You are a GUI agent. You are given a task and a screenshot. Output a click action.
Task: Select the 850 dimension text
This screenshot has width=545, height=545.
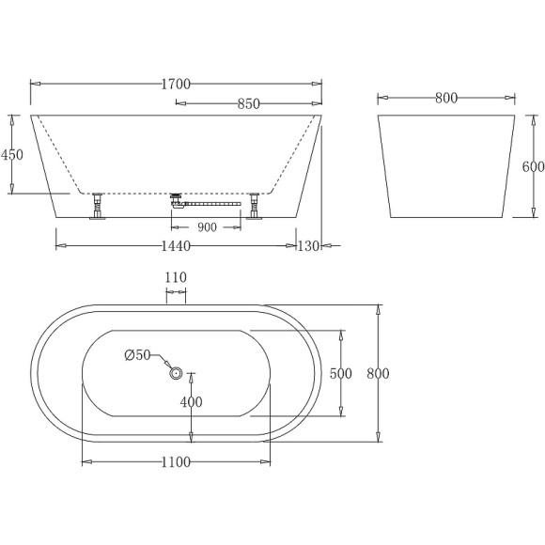[x=248, y=104]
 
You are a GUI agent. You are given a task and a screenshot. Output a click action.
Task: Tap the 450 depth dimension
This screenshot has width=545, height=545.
[x=12, y=155]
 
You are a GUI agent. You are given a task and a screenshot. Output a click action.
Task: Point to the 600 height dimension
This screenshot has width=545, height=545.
[x=533, y=166]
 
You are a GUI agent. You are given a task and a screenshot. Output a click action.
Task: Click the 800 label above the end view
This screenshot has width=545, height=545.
[x=446, y=97]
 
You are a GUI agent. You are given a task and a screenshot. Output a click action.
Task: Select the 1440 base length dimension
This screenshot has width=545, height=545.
[x=176, y=246]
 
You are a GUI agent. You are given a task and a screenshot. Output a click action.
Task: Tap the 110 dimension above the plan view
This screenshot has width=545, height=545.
[x=176, y=277]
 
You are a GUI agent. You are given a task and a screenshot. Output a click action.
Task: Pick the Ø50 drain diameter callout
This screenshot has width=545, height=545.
[x=137, y=355]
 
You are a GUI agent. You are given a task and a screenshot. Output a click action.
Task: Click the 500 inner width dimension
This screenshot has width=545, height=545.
[x=340, y=373]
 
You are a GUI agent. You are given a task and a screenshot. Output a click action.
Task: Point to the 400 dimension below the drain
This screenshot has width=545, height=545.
[x=192, y=402]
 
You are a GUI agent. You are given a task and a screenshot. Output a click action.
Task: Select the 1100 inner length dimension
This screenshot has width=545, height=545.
[x=176, y=461]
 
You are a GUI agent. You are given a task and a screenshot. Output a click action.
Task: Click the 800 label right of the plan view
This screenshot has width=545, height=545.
[x=378, y=373]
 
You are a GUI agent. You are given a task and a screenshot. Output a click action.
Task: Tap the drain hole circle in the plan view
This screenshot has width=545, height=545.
[x=176, y=373]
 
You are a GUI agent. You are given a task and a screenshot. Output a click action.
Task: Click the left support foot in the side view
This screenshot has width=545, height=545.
[x=97, y=206]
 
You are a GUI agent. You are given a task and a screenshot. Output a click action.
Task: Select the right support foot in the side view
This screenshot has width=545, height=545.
[x=254, y=206]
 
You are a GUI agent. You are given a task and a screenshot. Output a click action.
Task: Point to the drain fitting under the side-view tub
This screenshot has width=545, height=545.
[x=176, y=200]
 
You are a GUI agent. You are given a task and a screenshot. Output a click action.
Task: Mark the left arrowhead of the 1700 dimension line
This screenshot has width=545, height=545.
[x=34, y=85]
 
